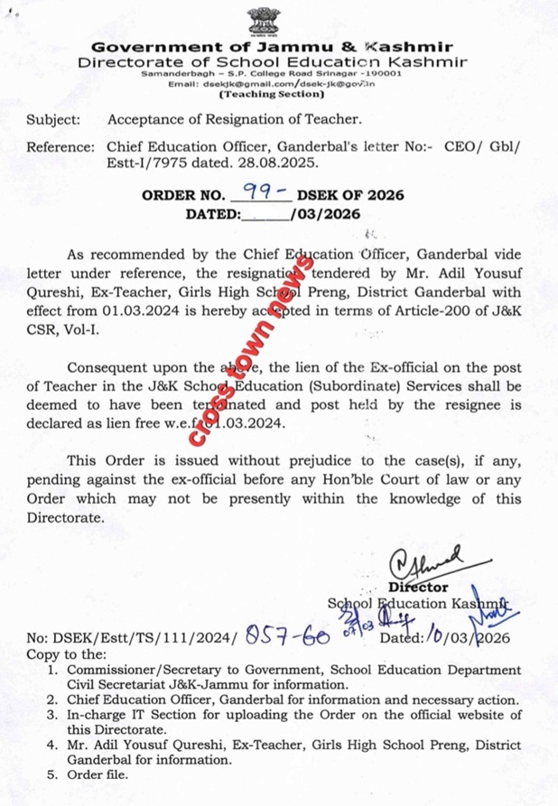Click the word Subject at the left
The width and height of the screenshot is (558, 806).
(x=52, y=118)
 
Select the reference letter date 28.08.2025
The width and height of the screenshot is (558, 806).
(x=281, y=164)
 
